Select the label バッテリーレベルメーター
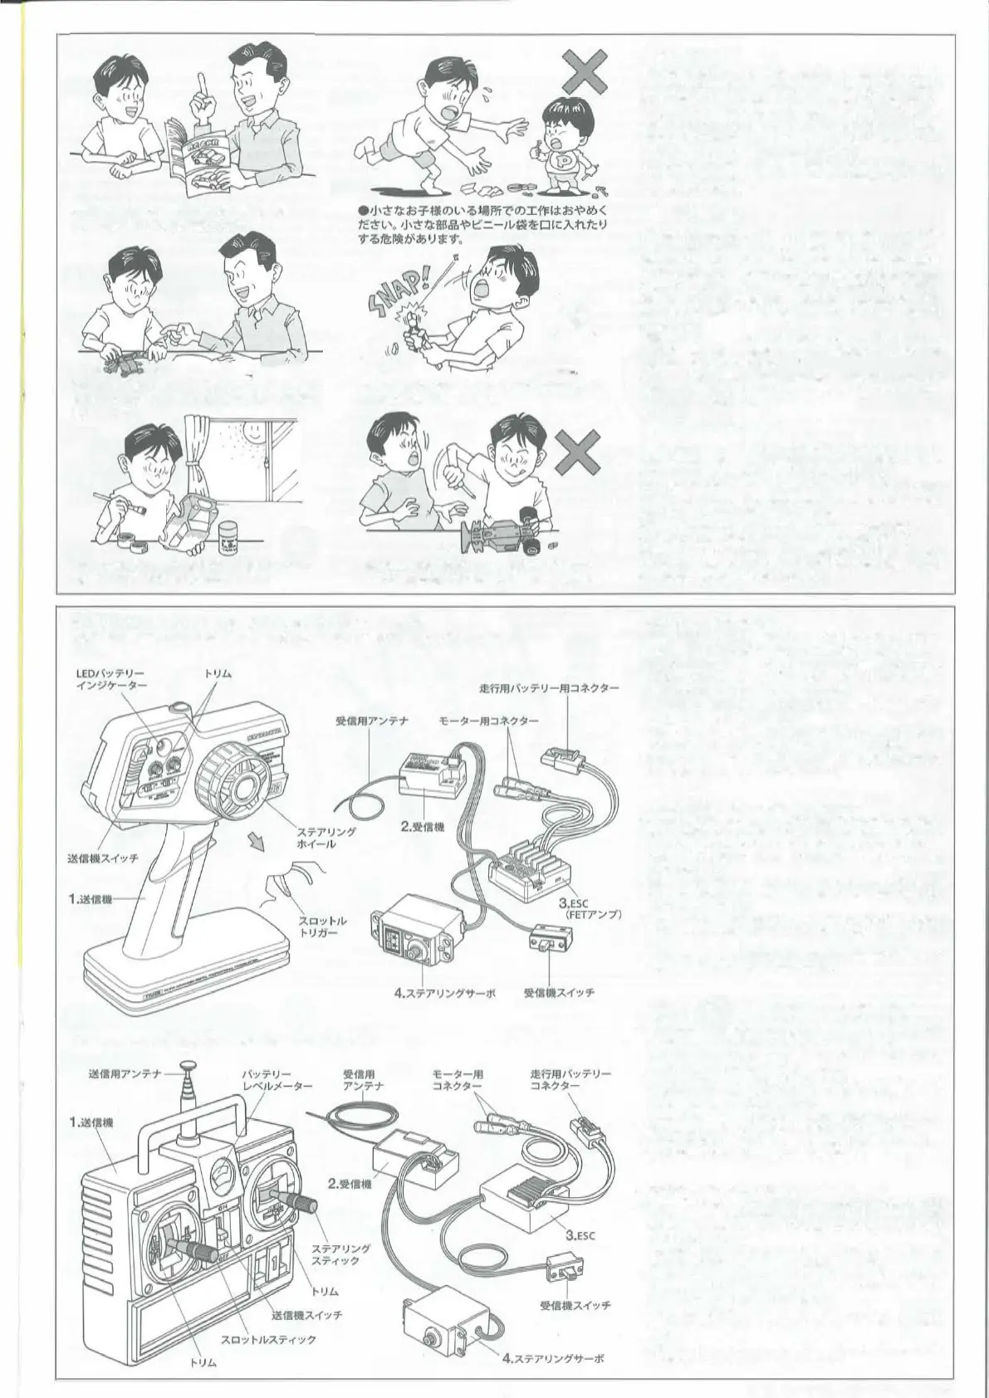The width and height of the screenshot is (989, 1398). [x=277, y=1079]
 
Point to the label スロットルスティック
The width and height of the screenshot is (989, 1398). [x=268, y=1339]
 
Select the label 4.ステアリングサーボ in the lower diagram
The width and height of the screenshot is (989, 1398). [x=553, y=1359]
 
